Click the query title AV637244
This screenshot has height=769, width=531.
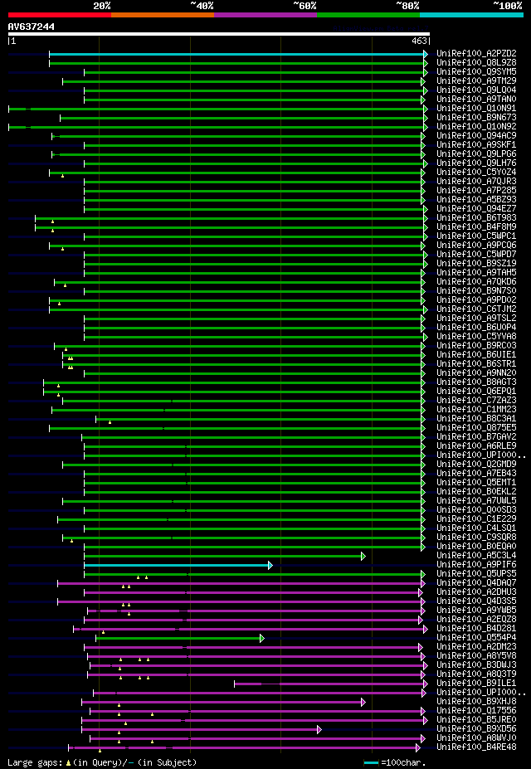tap(32, 27)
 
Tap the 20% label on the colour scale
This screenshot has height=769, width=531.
tap(102, 6)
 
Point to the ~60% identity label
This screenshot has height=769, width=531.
tap(304, 6)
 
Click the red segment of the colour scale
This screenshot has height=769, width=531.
tap(59, 14)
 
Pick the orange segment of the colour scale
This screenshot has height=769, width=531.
tap(162, 14)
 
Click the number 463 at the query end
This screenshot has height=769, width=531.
tap(418, 41)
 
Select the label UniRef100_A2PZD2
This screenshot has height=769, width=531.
tap(476, 53)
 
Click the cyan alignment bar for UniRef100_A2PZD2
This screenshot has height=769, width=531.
tap(236, 53)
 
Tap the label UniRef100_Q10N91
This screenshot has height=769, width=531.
tap(476, 108)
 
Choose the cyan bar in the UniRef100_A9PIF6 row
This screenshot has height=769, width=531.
tap(176, 565)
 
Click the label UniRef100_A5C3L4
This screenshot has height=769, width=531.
tap(476, 556)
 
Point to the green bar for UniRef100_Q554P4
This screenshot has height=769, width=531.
tap(178, 638)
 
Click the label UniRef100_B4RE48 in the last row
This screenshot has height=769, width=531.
tap(476, 747)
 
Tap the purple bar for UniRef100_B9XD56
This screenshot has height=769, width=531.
tap(199, 729)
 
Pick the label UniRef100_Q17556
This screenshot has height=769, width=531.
tap(476, 711)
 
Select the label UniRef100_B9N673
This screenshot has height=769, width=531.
tap(476, 117)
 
